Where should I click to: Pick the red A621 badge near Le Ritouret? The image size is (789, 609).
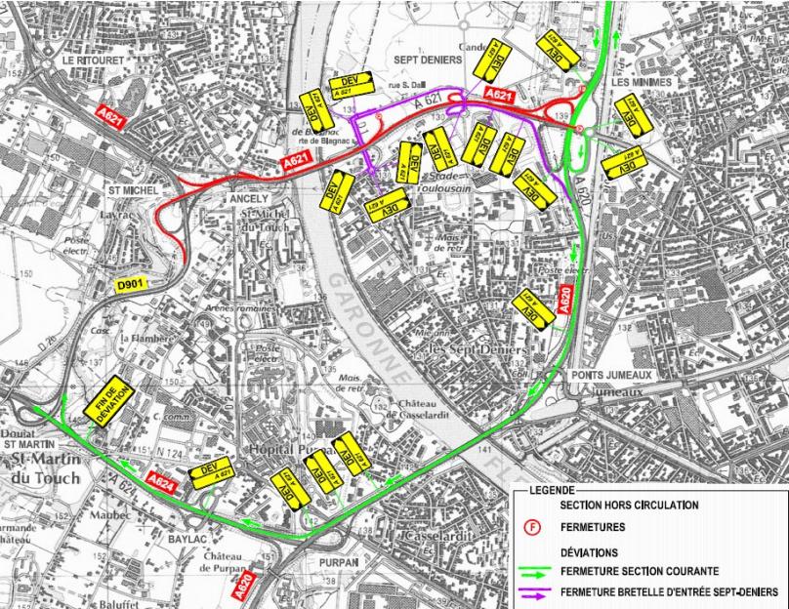[x=111, y=116]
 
